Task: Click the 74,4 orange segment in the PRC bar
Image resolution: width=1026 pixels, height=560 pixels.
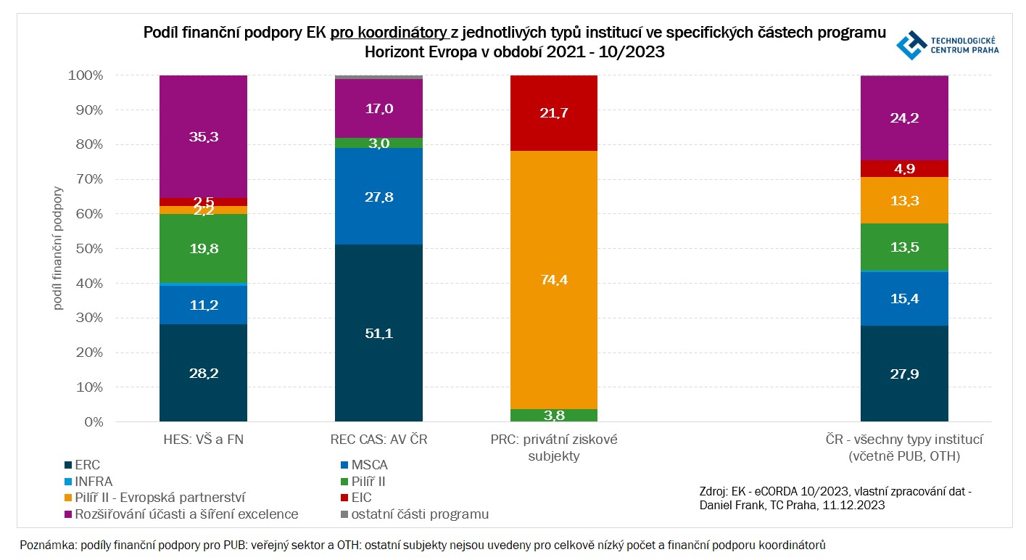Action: point(554,280)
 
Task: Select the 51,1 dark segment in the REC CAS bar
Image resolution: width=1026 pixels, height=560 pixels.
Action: point(378,333)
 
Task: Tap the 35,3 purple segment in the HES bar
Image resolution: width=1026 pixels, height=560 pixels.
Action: point(203,136)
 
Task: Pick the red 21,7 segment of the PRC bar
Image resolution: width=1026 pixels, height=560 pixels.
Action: point(554,113)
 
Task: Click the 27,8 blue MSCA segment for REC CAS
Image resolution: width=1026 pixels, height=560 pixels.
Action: point(378,197)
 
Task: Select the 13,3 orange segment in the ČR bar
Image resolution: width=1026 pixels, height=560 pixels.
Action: point(904,200)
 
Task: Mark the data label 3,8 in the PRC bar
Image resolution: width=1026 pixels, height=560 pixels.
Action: point(554,416)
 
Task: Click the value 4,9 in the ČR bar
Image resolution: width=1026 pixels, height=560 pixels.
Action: point(904,169)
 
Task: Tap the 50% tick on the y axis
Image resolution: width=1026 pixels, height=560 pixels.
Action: point(91,249)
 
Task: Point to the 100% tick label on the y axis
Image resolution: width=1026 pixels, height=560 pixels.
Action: point(88,75)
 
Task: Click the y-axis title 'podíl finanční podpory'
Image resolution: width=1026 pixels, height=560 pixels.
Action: point(58,248)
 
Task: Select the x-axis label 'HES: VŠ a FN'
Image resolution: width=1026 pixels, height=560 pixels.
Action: point(203,440)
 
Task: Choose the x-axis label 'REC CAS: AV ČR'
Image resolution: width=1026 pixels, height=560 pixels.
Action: point(378,440)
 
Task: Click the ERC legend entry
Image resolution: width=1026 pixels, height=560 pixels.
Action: point(83,465)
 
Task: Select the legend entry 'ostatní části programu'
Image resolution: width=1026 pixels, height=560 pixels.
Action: point(413,514)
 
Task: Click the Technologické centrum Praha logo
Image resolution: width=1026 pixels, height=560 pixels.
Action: point(947,45)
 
